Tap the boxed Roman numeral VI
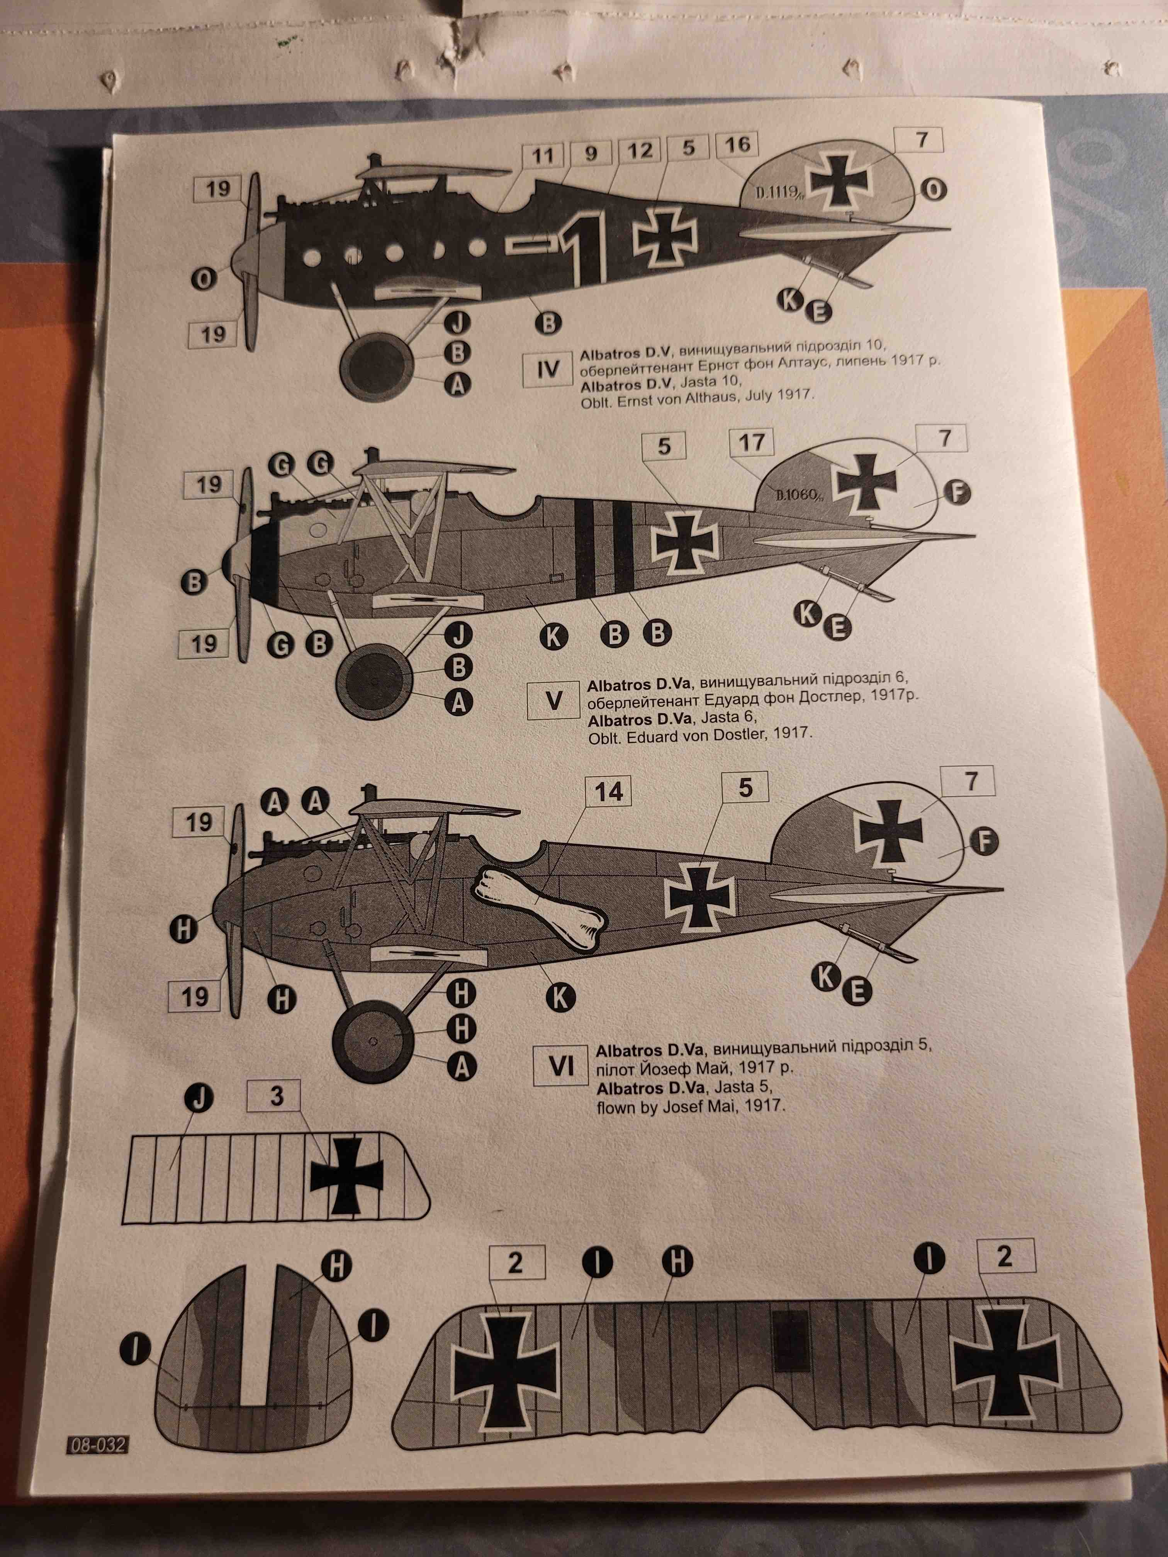[x=561, y=1067]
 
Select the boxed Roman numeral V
[x=554, y=700]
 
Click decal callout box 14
[x=608, y=792]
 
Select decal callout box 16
[x=737, y=145]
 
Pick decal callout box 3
[x=277, y=1096]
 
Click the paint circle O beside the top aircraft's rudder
[x=933, y=190]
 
